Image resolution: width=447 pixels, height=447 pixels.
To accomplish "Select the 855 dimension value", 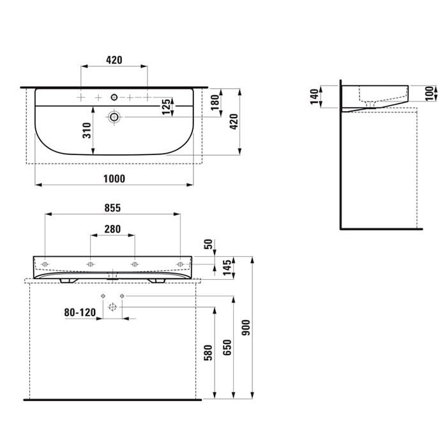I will [x=112, y=208].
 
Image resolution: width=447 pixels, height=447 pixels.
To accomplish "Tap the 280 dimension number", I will [x=112, y=229].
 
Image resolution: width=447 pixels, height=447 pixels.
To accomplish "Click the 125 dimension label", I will [x=166, y=107].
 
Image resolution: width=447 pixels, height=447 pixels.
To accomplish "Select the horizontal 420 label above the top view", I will [x=114, y=60].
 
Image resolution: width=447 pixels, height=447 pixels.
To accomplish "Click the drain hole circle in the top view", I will [x=114, y=117].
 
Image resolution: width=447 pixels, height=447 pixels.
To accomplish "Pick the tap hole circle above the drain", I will [x=114, y=97].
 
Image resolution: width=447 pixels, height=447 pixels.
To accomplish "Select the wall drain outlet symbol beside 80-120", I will [x=112, y=308].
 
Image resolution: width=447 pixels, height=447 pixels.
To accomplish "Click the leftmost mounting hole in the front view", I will [x=45, y=263].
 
